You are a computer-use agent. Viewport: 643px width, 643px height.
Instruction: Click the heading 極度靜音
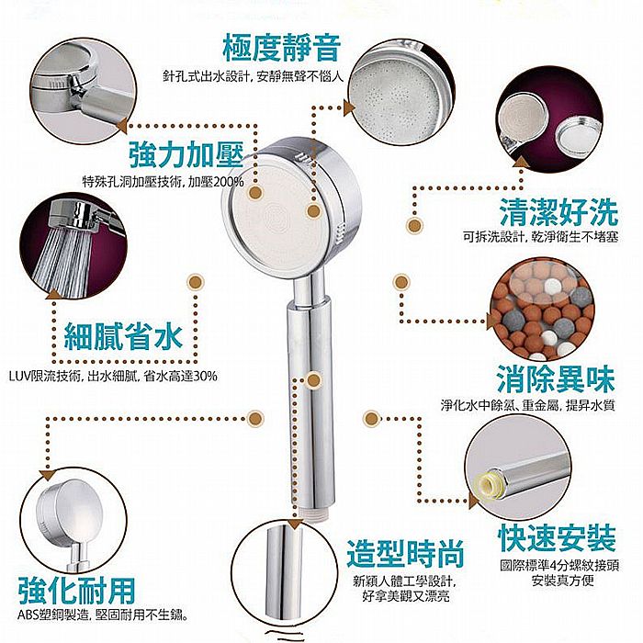(x=282, y=49)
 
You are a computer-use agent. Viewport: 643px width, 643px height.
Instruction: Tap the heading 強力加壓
(x=187, y=154)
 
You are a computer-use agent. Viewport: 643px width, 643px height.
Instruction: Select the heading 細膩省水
(x=123, y=336)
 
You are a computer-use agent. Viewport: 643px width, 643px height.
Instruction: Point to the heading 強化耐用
(x=77, y=591)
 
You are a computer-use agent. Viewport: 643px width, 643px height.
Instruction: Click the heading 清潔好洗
(x=558, y=212)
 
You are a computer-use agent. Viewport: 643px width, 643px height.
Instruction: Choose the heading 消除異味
(x=556, y=379)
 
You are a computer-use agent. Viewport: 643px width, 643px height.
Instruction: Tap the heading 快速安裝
(x=558, y=538)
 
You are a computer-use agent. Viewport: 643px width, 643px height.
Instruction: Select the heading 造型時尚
(x=406, y=554)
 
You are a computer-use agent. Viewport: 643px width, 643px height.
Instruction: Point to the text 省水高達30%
(x=181, y=376)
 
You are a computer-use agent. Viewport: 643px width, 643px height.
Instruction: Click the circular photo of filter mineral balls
(x=542, y=310)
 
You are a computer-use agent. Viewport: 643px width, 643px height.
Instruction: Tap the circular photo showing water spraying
(x=73, y=245)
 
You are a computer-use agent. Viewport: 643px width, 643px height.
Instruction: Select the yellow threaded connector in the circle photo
(x=486, y=485)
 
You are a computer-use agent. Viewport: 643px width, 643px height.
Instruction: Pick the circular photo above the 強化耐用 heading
(x=73, y=521)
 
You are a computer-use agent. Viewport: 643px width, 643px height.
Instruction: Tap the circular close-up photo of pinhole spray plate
(x=401, y=92)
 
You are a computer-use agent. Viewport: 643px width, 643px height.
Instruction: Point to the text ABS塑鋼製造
(x=53, y=615)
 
